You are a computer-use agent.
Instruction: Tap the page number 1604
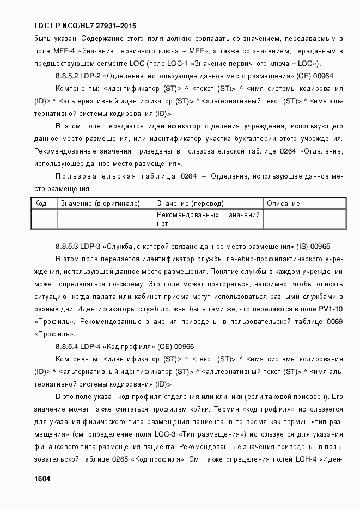click(x=42, y=479)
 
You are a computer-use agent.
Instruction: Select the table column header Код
click(x=40, y=204)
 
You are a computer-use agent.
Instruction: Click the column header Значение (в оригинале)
click(x=100, y=204)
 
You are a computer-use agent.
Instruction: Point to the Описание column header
click(x=283, y=204)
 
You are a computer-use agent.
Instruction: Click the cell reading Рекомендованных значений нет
click(x=208, y=219)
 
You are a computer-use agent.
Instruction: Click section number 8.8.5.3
click(x=66, y=246)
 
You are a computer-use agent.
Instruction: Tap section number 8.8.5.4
click(x=66, y=346)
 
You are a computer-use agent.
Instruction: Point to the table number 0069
click(x=334, y=321)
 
